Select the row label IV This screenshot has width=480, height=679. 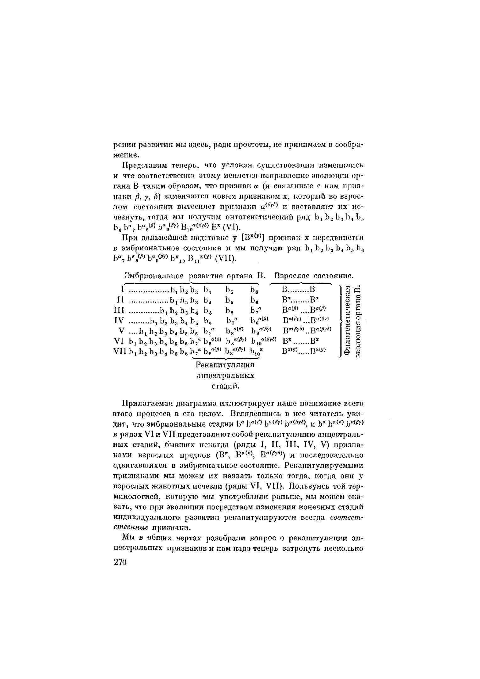tap(119, 321)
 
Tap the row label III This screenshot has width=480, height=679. tap(119, 310)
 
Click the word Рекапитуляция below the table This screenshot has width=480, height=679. tap(225, 365)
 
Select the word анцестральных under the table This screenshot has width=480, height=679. tap(225, 375)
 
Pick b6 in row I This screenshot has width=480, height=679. tap(254, 290)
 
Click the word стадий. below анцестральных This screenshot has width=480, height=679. tap(225, 386)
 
